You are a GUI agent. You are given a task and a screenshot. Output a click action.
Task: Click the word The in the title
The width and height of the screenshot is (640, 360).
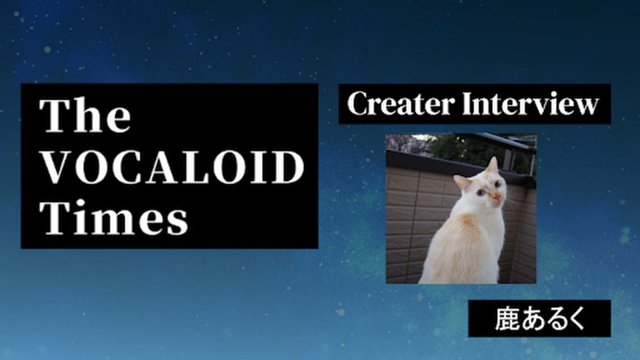pos(85,115)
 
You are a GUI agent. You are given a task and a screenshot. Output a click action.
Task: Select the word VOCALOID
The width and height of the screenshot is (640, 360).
pos(173,167)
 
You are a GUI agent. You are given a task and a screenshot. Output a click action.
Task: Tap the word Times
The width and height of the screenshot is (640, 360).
pos(114,217)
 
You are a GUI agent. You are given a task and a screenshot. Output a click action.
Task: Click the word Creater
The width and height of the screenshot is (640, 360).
pos(401,104)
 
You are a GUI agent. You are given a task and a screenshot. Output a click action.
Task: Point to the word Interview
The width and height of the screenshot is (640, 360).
pos(530,104)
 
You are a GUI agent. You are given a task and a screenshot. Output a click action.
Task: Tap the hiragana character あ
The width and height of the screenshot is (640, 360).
pos(531,319)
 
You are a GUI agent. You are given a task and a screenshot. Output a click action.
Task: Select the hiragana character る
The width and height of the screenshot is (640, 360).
pos(554,319)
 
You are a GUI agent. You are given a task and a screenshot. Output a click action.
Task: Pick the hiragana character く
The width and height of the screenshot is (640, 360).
pos(576,319)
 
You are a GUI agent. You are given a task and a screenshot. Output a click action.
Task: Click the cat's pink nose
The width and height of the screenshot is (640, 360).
pos(496,197)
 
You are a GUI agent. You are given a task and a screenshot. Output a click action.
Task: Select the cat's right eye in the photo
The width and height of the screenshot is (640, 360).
pos(498,185)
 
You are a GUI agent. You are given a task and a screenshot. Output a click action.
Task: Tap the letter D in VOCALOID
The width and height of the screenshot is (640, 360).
pos(287,167)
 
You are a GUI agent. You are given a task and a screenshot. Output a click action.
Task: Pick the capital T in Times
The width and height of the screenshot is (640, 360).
pos(56,217)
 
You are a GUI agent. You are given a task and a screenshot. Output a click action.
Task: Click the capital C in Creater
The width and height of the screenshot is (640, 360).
pos(358,104)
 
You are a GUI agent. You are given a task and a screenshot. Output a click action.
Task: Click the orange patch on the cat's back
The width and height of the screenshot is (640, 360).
pos(469,226)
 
